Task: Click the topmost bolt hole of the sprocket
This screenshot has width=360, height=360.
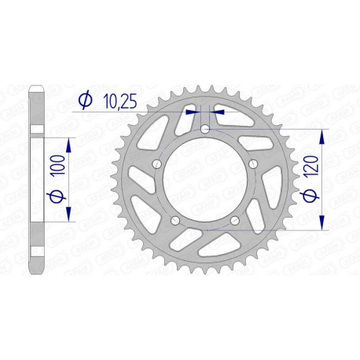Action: tap(205, 129)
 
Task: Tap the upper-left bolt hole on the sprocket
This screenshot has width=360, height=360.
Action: tap(156, 163)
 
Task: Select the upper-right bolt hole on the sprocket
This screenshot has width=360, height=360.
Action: tap(253, 163)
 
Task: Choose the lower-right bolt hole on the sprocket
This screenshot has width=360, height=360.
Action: tap(234, 220)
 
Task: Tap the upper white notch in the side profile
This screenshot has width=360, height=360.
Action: tap(35, 130)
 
